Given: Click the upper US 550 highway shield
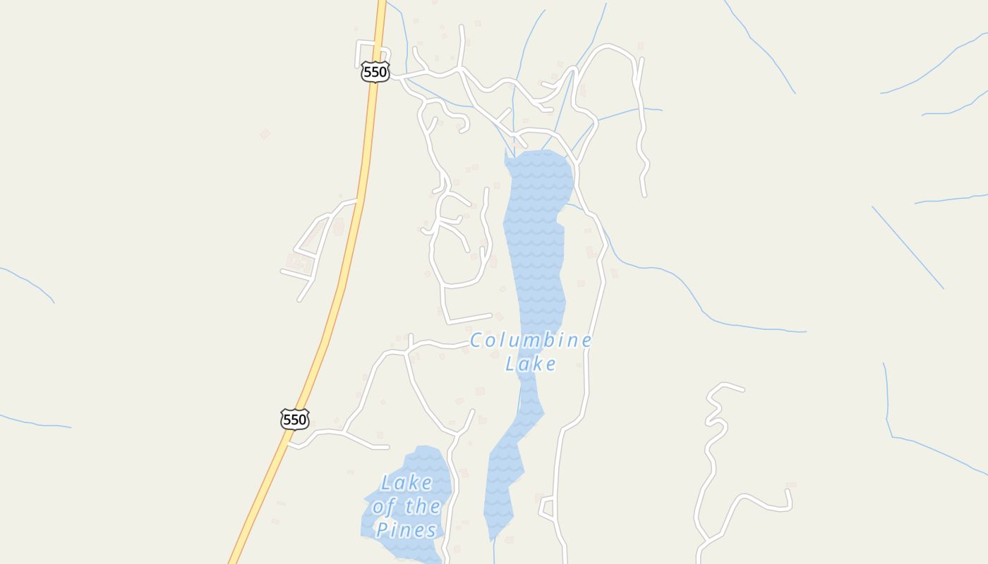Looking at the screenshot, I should click(375, 71).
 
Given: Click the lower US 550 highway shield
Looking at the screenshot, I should click(294, 419).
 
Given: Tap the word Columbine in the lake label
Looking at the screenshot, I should click(531, 341).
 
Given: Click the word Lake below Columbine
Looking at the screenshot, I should click(531, 364).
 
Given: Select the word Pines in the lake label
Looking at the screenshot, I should click(406, 529).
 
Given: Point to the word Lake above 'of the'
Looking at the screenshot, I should click(406, 483).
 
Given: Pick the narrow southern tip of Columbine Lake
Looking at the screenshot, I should click(498, 525).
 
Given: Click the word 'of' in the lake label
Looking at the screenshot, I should click(385, 506).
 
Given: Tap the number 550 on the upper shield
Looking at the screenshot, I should click(375, 71).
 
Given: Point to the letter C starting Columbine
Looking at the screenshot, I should click(476, 341).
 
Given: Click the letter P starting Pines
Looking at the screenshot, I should click(382, 529).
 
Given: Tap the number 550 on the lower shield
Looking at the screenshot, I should click(294, 419).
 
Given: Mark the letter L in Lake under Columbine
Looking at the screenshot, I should click(512, 364).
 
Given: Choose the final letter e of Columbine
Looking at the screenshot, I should click(586, 341).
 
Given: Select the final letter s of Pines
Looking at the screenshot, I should click(430, 530).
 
